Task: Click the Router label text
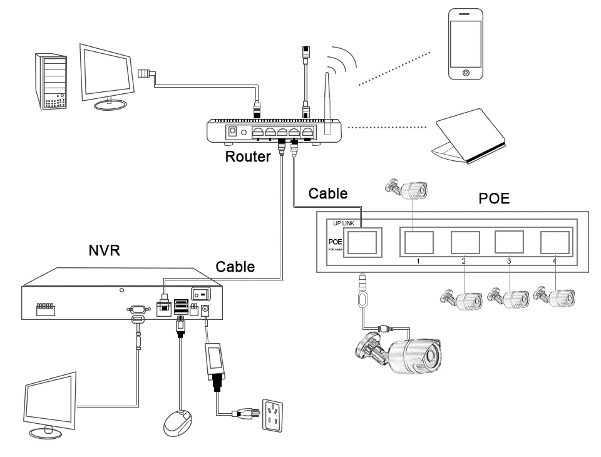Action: coord(248,157)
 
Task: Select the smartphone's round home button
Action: coord(465,73)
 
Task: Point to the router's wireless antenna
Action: coord(326,103)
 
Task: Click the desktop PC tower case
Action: coord(51,81)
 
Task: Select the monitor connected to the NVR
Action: coord(50,404)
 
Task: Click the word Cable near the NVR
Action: coord(235,267)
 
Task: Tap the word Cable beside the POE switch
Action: coord(327,193)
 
